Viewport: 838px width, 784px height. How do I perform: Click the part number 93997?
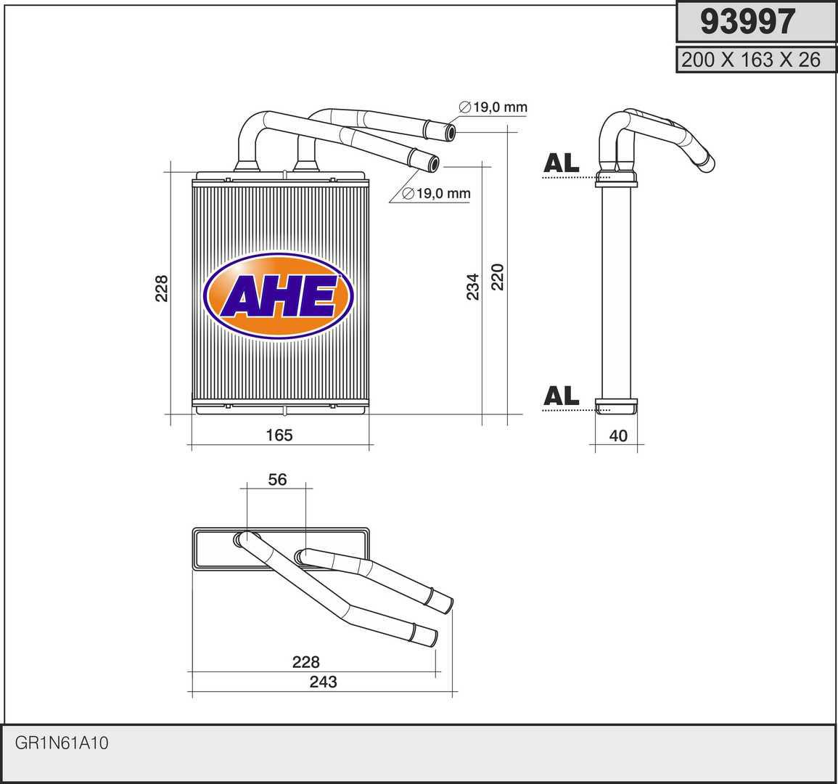tap(748, 22)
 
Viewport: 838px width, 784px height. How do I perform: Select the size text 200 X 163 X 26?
tap(750, 60)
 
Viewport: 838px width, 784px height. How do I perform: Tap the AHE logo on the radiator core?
tap(279, 296)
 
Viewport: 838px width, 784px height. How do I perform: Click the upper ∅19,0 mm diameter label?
tap(493, 107)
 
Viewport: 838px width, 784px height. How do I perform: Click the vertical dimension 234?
tap(473, 287)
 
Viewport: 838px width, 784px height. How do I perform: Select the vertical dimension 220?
tap(498, 277)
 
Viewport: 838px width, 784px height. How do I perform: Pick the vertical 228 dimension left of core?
tap(161, 288)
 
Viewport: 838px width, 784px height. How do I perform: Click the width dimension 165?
tap(279, 436)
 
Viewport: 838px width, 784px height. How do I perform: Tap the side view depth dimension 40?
tap(618, 436)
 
